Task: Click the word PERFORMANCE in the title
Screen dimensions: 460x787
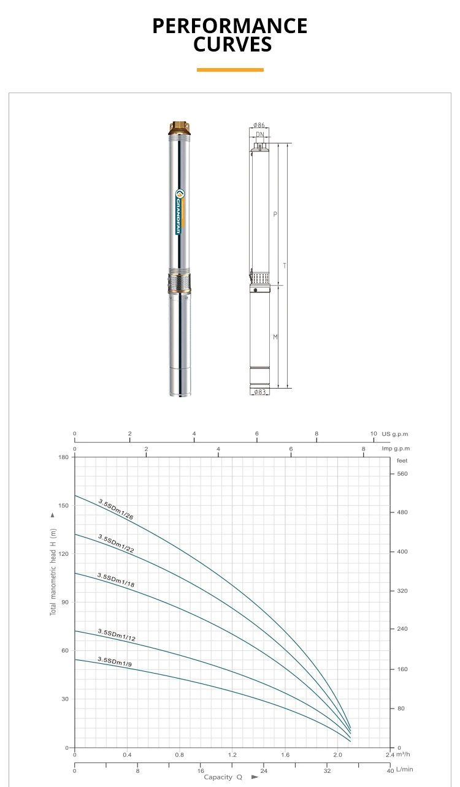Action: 230,26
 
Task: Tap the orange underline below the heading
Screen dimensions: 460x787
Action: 230,70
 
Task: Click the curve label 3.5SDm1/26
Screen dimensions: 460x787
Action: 116,509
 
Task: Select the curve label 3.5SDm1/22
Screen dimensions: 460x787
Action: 116,544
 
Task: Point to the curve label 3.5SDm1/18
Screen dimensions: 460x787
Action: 116,580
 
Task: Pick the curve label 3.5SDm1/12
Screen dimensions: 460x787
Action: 117,635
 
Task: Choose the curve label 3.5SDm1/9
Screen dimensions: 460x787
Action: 115,662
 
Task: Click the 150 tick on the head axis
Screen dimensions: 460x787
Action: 64,506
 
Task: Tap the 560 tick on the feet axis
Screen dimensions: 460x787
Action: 402,474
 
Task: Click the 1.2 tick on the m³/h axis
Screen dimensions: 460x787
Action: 232,755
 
